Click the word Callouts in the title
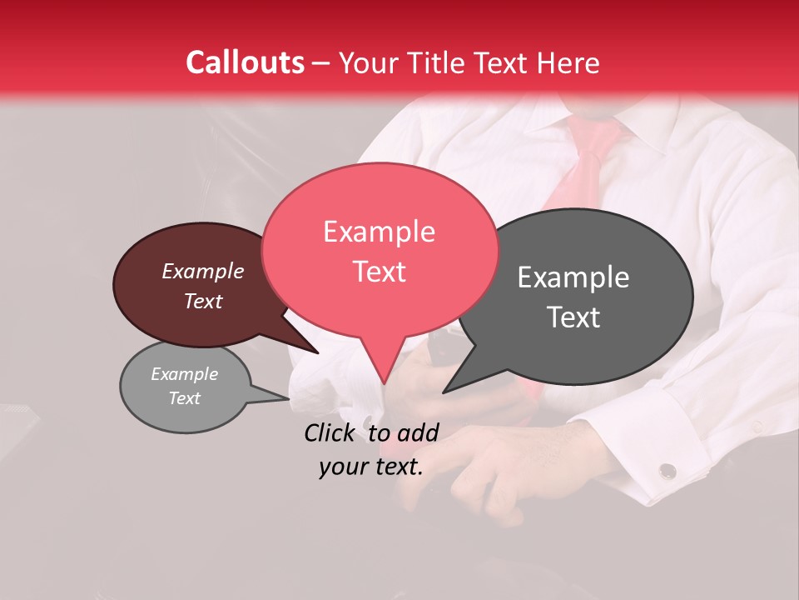tap(245, 62)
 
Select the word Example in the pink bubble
tap(379, 232)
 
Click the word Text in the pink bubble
tap(379, 272)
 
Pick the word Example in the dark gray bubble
tap(573, 277)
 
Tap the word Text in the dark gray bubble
tap(573, 317)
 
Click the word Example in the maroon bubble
tap(202, 271)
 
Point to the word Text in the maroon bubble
tap(202, 301)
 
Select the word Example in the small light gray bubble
tap(184, 374)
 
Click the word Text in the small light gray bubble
tap(184, 398)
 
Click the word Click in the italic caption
tap(331, 432)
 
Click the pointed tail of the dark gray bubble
tap(449, 387)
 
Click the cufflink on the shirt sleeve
tap(667, 471)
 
